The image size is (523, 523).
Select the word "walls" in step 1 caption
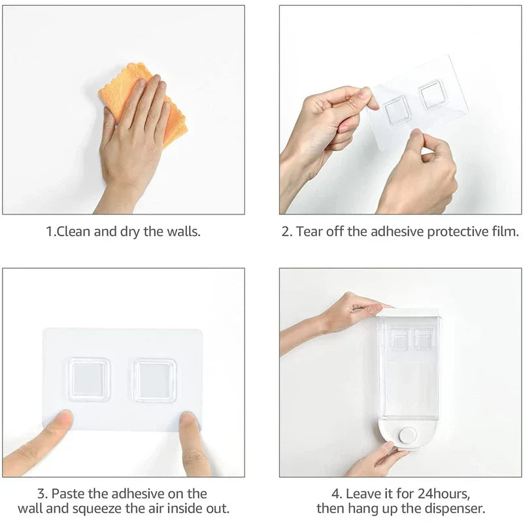[183, 232]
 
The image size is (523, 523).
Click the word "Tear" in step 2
[311, 232]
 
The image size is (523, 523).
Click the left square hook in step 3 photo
[89, 379]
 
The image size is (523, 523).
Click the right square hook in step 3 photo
[155, 380]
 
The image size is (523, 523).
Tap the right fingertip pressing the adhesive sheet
[190, 425]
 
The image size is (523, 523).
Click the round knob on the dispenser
[409, 435]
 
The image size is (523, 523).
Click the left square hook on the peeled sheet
[397, 109]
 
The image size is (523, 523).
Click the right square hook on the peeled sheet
[432, 94]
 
